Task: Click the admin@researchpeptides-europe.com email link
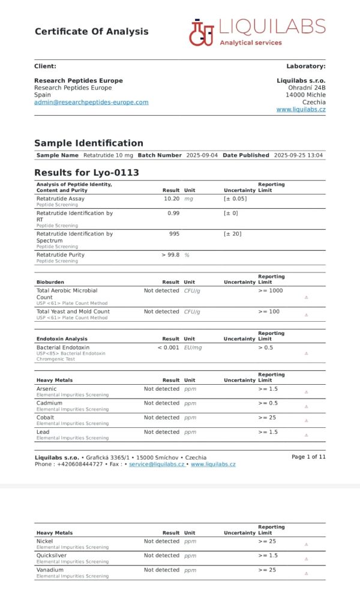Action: coord(91,102)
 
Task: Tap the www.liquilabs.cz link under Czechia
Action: coord(301,109)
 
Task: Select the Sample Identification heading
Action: coord(89,143)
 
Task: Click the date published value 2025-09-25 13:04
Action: coord(298,155)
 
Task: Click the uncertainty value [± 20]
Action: coord(233,233)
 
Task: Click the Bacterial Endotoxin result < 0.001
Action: coord(168,348)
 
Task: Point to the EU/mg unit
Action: coord(193,348)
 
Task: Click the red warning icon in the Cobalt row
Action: coord(306,421)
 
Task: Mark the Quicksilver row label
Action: coord(52,556)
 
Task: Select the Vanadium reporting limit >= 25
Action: coord(267,570)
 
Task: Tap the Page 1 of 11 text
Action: coord(308,457)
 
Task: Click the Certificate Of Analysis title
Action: coord(91,31)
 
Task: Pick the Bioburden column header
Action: coord(50,281)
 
